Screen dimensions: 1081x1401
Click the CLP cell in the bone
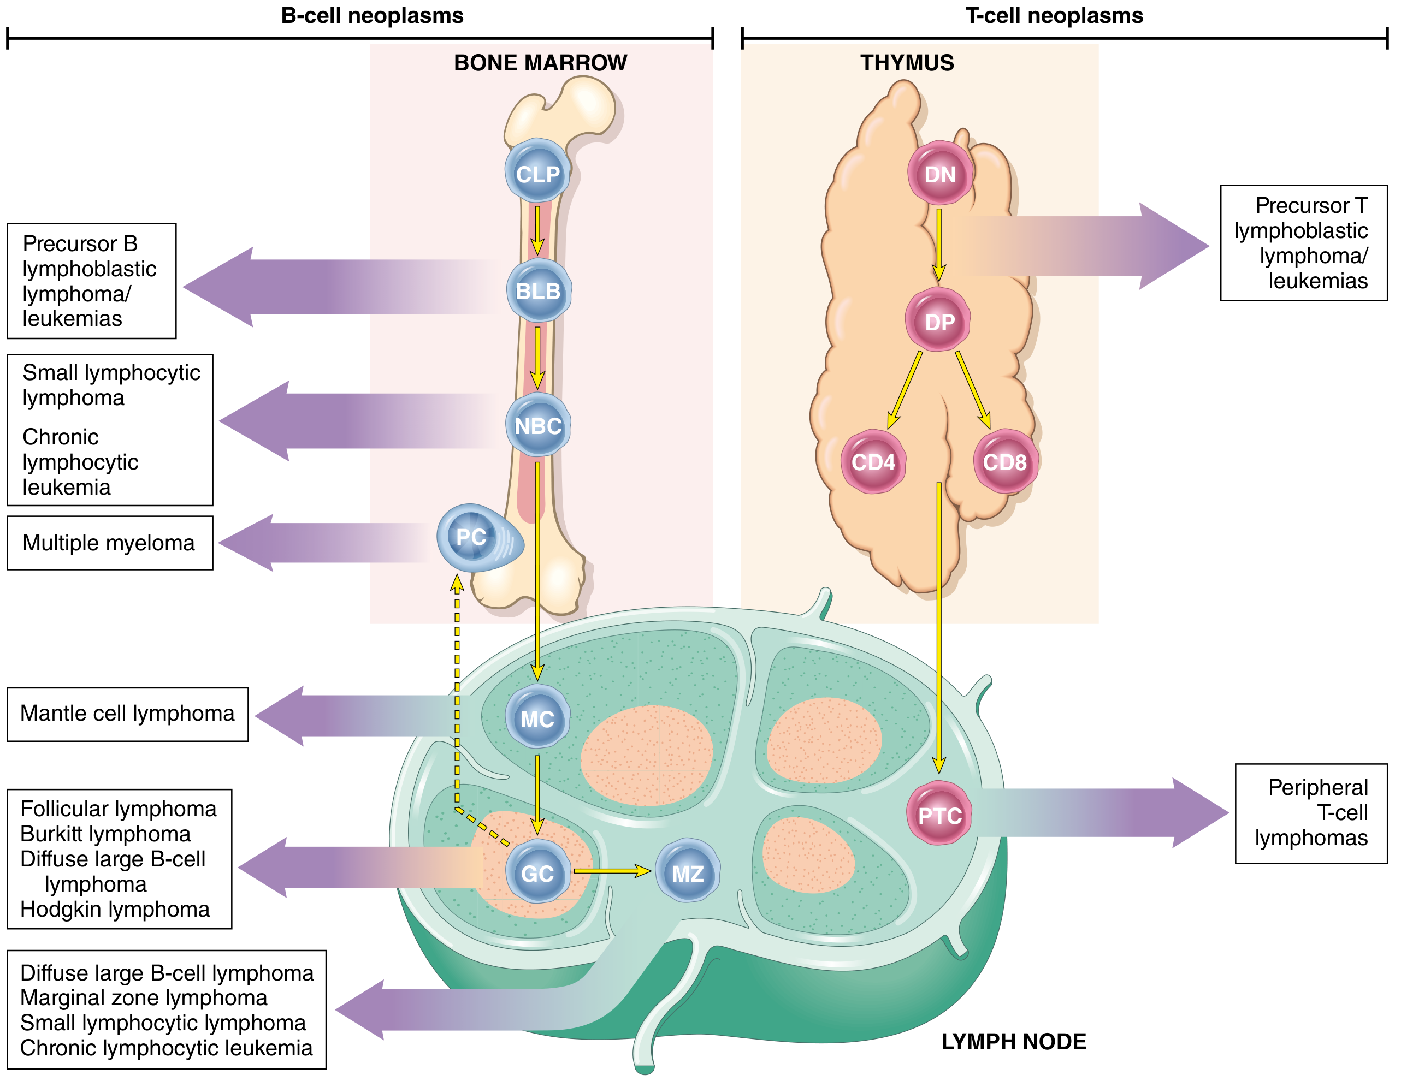[537, 173]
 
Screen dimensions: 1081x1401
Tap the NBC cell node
[538, 426]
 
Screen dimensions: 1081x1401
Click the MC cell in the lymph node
[537, 718]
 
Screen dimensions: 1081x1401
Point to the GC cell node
[537, 872]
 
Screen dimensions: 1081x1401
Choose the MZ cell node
[688, 872]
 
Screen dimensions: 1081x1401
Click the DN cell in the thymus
[940, 174]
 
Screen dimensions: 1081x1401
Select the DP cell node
[938, 320]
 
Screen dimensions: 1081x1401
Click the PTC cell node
[940, 815]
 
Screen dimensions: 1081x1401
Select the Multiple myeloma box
[110, 543]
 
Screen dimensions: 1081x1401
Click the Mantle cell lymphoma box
[128, 714]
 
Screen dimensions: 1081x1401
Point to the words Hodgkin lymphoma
[115, 909]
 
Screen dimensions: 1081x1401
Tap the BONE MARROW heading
[540, 63]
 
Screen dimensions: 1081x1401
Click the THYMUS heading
[907, 63]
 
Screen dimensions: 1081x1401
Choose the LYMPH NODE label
[1014, 1041]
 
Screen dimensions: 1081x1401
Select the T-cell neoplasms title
[1054, 15]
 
